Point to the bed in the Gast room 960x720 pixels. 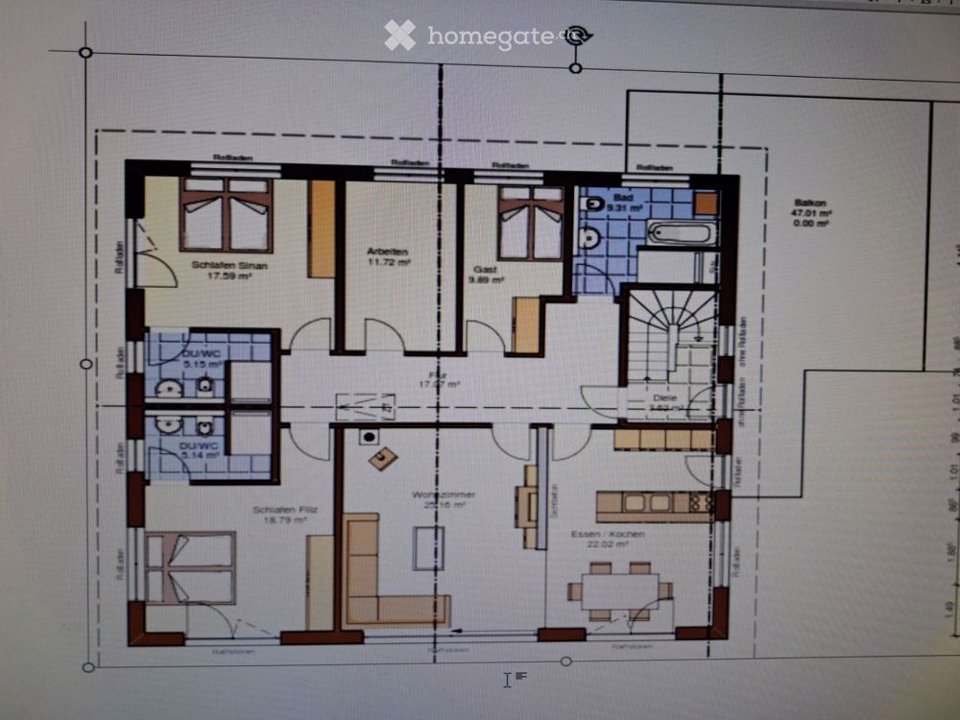(x=531, y=223)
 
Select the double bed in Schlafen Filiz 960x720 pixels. (x=190, y=567)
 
